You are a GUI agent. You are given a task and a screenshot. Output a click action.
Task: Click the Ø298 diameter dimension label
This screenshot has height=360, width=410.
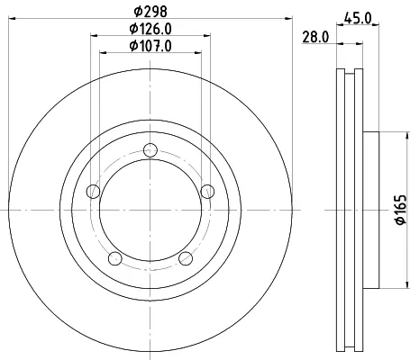click(150, 12)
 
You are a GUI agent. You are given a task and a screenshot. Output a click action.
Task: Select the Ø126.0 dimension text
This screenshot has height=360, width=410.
click(150, 29)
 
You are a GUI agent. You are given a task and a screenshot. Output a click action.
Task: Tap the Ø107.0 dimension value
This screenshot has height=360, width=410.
click(150, 46)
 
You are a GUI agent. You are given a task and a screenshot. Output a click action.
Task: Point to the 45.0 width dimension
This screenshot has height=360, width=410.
click(358, 19)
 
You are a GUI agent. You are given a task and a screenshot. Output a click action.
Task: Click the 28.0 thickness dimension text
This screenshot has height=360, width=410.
click(315, 37)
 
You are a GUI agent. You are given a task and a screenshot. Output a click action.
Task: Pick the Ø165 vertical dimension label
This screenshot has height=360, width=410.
click(401, 210)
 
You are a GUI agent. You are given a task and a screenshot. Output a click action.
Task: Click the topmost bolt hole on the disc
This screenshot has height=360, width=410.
click(150, 150)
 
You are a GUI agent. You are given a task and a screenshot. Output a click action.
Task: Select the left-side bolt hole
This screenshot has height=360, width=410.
click(93, 192)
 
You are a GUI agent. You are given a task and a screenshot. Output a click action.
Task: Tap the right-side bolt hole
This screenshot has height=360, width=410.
click(207, 192)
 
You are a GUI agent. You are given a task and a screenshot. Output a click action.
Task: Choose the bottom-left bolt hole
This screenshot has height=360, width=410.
click(114, 258)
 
